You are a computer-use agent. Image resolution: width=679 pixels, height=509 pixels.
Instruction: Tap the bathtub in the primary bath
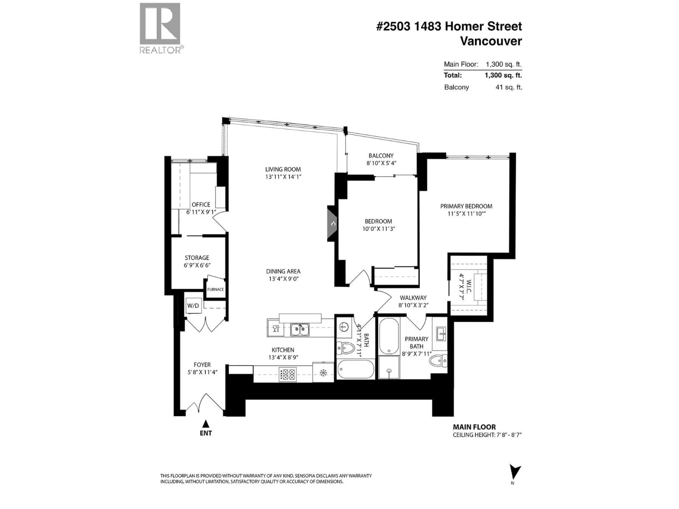pyautogui.click(x=389, y=336)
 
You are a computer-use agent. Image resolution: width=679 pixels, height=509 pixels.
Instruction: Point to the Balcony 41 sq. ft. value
pyautogui.click(x=509, y=87)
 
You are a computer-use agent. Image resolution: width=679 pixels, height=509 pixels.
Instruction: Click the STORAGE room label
pyautogui.click(x=197, y=258)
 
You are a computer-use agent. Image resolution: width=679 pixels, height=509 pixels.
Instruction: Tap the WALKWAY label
pyautogui.click(x=413, y=298)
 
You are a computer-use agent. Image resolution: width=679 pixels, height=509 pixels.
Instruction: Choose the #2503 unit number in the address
pyautogui.click(x=393, y=26)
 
